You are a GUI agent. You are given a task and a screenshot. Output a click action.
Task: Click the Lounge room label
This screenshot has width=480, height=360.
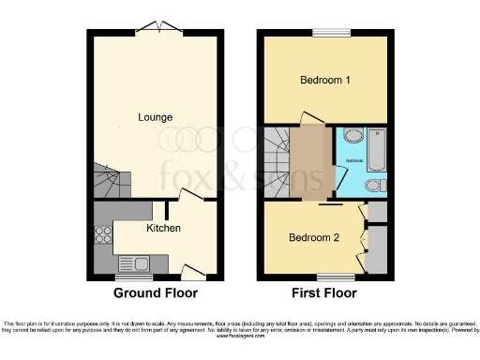(x=155, y=117)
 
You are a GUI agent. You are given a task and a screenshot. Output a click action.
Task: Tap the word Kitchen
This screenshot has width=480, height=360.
(x=163, y=228)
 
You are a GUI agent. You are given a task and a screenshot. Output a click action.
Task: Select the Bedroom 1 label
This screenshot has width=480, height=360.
(x=325, y=81)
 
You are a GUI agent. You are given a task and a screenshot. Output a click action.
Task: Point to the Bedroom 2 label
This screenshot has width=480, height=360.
(x=314, y=238)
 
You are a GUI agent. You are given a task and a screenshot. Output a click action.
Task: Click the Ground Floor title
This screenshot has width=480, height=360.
(x=155, y=292)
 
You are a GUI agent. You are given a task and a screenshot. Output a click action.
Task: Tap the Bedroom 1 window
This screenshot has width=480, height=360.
(x=325, y=32)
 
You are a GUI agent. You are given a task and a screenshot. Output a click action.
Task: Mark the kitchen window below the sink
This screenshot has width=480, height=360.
(x=127, y=277)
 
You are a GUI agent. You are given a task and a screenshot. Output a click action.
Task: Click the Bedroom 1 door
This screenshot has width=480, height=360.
(x=310, y=117)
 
